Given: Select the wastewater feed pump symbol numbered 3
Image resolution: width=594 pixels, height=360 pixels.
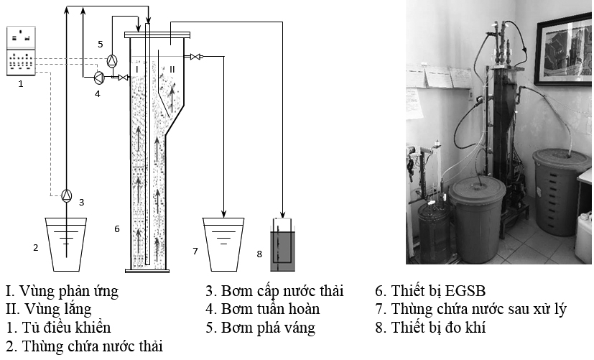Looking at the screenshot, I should pos(66,195).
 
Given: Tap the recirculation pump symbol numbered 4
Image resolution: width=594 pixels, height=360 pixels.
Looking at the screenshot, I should pos(99,76).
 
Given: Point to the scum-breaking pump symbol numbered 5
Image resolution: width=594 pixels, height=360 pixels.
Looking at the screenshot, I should pos(111,60).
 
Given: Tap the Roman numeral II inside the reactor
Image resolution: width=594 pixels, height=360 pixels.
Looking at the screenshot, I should pos(172,69).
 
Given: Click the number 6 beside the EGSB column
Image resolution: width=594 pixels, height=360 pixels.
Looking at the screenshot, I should pos(116,229).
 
